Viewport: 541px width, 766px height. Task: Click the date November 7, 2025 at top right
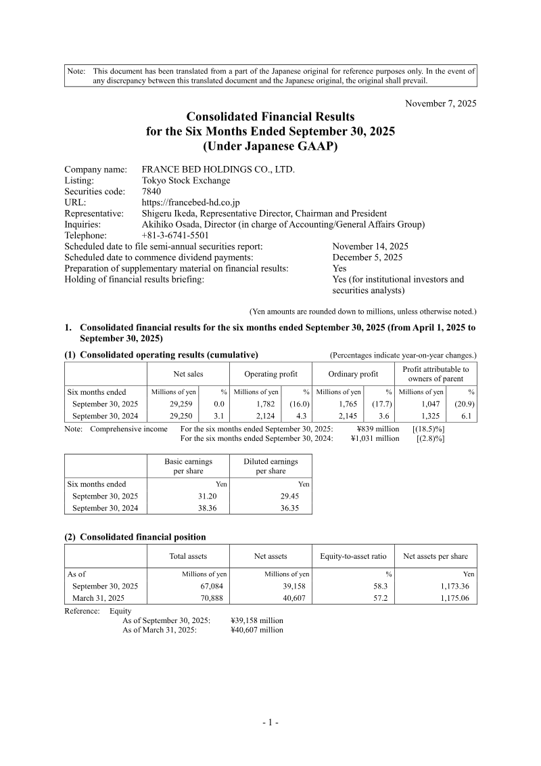(440, 104)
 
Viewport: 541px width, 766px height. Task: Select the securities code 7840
(151, 192)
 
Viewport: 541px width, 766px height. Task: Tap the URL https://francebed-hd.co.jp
(191, 203)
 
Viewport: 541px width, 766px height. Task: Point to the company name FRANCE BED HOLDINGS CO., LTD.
(218, 170)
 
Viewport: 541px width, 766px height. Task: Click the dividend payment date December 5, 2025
(367, 257)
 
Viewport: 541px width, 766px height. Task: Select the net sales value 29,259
(183, 404)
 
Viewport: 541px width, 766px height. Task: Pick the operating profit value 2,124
(266, 416)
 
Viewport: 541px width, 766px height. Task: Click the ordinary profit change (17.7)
(381, 404)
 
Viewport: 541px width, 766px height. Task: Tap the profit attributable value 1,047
(431, 404)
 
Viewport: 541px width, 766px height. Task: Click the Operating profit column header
(270, 374)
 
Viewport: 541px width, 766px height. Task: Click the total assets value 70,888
(208, 598)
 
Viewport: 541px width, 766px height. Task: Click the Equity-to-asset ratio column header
(352, 556)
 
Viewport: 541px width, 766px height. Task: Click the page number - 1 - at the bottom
(270, 722)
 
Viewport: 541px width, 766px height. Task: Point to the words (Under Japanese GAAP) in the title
(270, 145)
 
